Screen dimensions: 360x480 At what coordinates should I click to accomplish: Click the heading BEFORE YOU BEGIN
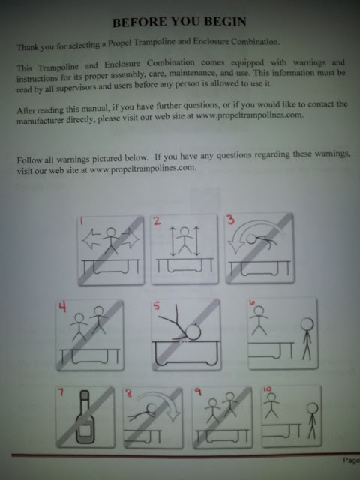coord(179,22)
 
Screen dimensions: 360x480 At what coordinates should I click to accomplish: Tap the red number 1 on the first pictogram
coord(82,221)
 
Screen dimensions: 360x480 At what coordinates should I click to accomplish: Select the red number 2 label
coord(157,221)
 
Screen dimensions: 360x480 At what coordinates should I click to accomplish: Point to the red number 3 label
coord(230,220)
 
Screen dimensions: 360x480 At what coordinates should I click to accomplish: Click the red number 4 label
coord(62,307)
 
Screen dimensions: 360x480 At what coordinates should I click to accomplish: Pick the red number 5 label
coord(157,305)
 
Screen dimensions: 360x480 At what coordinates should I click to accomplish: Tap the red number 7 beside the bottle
coord(61,391)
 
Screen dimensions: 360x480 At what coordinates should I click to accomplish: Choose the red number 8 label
coord(129,393)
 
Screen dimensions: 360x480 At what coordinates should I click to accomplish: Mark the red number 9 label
coord(198,391)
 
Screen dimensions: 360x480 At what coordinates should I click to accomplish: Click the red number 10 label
coord(267,389)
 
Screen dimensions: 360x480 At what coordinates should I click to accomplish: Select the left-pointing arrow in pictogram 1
coord(92,238)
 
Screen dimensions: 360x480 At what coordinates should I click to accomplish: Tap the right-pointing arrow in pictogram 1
coord(130,238)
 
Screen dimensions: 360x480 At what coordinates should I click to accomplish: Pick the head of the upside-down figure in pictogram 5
coord(193,331)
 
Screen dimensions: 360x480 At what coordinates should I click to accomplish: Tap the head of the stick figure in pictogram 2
coord(184,232)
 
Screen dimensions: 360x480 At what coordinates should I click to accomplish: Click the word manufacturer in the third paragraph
coord(40,121)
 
